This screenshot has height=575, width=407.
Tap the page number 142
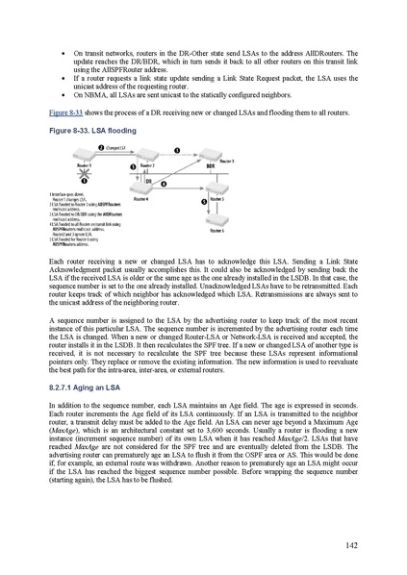click(x=351, y=545)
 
